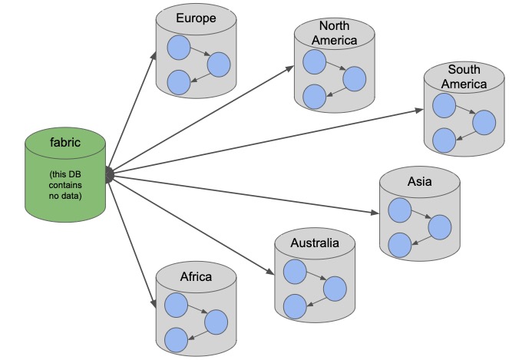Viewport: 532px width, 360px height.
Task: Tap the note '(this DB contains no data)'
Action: coord(65,184)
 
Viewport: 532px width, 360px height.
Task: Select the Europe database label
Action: coord(195,18)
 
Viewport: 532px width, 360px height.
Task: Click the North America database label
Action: coord(335,34)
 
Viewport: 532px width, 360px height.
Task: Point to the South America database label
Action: coord(464,76)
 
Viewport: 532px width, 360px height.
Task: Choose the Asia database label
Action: coord(420,182)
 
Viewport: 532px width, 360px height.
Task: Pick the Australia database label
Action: coord(315,243)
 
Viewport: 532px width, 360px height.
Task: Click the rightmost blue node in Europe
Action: coord(219,64)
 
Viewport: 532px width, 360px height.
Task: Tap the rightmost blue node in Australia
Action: coord(335,289)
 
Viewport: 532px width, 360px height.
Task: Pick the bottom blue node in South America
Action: coord(444,140)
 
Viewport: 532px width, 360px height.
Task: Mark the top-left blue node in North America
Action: coord(314,61)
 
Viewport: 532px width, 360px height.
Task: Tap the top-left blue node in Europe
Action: coord(178,48)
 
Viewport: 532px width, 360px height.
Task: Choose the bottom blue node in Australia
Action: coord(294,306)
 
